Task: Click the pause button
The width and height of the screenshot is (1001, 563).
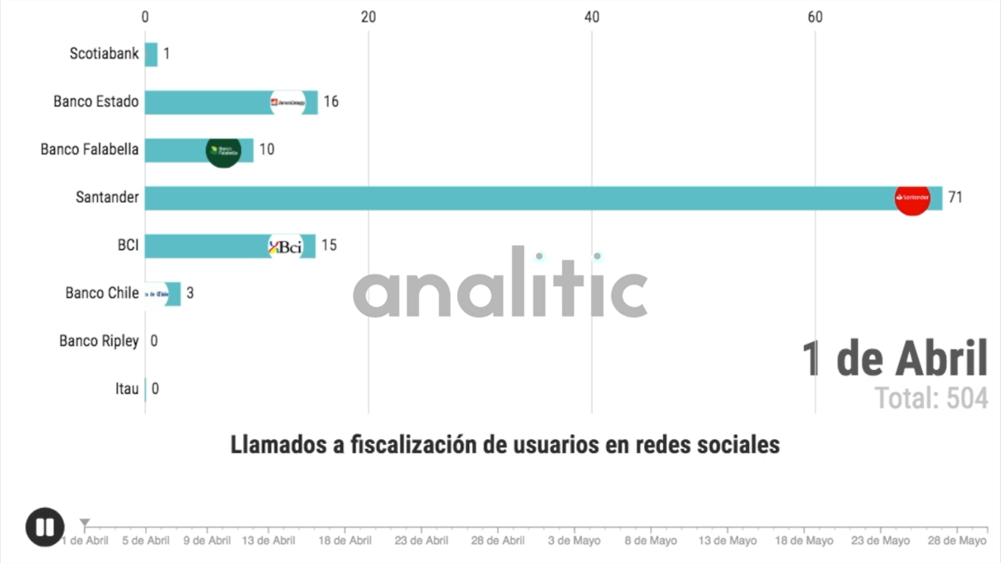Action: tap(45, 527)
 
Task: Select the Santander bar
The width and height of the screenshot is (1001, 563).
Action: tap(513, 198)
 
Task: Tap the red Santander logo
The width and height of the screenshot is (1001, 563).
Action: tap(912, 197)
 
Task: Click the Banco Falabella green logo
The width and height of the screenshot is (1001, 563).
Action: tap(223, 150)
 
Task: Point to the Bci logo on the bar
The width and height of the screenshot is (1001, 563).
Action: tap(285, 246)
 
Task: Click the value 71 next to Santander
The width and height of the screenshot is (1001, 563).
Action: tap(955, 197)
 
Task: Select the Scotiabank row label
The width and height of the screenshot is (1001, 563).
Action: tap(104, 54)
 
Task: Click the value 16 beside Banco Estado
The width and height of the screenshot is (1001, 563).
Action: tap(331, 102)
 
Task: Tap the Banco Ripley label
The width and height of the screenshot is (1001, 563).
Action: tap(99, 341)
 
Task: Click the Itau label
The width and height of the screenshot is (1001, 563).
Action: tap(127, 389)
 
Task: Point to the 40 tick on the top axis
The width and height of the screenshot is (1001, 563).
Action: tap(592, 17)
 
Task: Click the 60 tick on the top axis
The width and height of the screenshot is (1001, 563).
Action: tap(815, 17)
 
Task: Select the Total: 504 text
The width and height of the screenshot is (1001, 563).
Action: tap(931, 398)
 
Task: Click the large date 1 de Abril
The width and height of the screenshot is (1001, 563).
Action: tap(895, 359)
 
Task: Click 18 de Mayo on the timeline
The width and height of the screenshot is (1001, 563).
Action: tap(804, 541)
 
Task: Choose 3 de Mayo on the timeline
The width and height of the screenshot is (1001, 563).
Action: tap(575, 541)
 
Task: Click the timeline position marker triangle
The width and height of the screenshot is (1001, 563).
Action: tap(85, 523)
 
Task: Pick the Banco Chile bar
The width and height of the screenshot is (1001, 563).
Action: tap(163, 293)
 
